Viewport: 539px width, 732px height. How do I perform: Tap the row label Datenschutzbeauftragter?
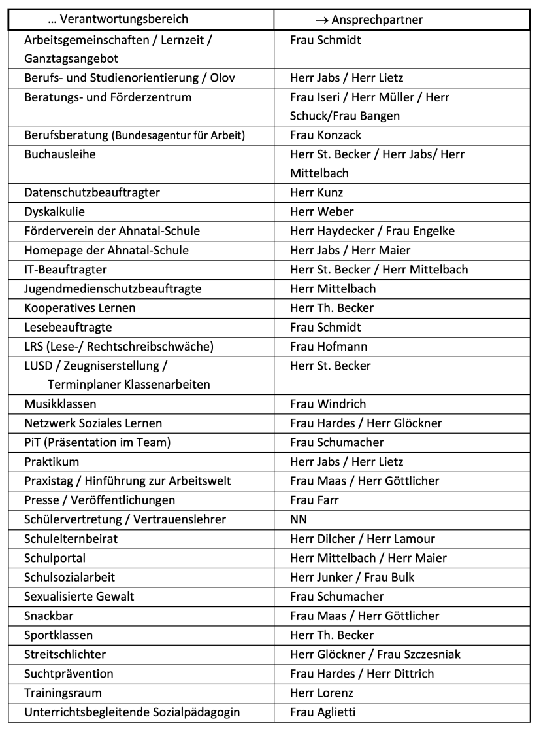92,192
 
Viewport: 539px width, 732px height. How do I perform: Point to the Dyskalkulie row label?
55,211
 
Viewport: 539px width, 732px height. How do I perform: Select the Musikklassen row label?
60,404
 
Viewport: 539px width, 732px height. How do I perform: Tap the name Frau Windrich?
328,404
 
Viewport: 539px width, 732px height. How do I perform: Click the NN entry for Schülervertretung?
299,519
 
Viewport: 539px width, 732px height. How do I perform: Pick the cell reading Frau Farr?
314,500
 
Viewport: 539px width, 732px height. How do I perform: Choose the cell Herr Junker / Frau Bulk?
352,577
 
